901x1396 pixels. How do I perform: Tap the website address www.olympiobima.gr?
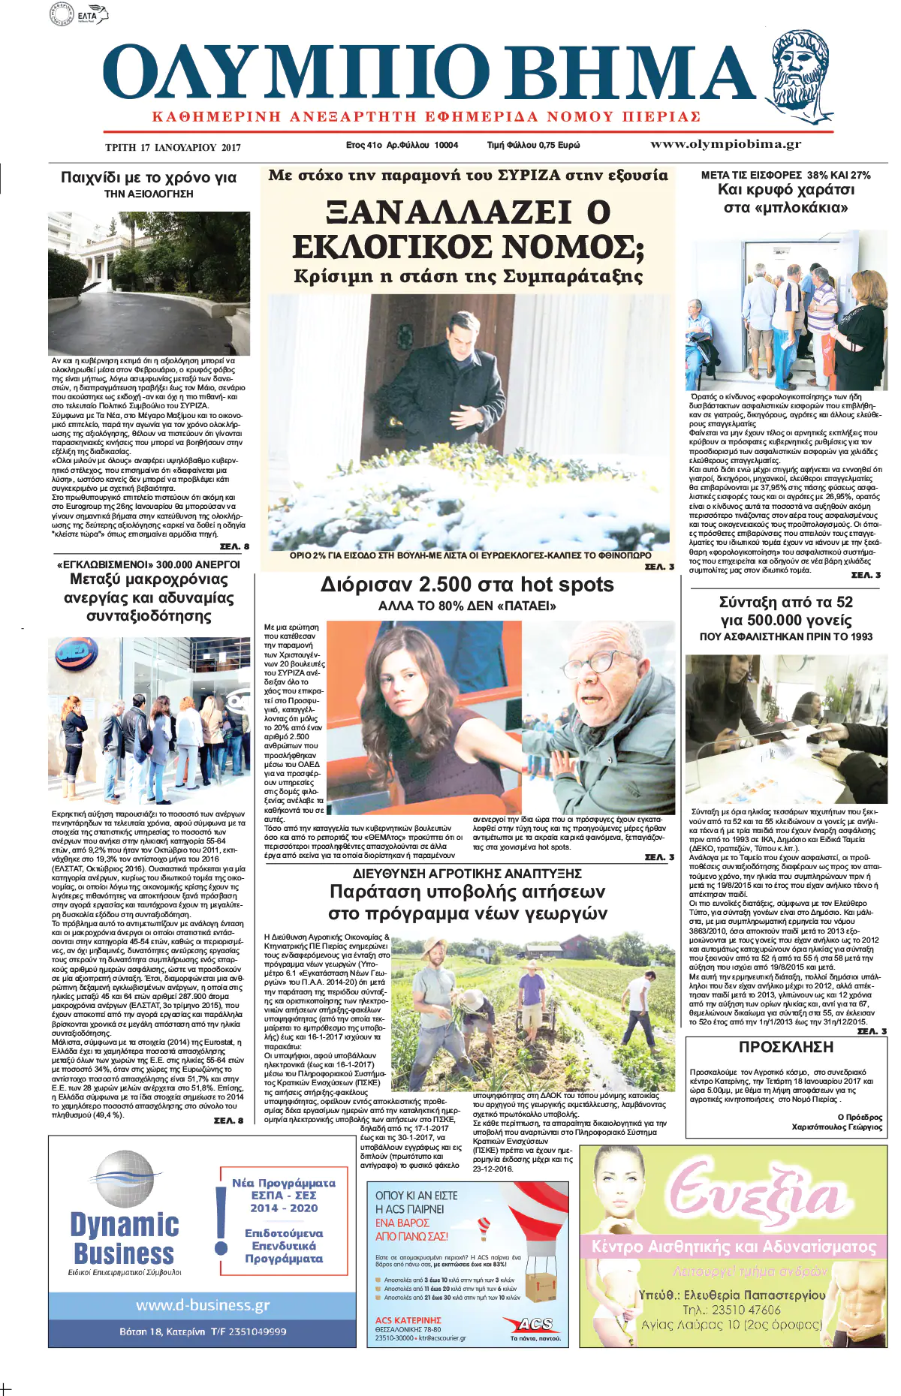point(725,144)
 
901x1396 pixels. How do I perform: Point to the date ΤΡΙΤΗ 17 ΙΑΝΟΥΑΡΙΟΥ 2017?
point(173,147)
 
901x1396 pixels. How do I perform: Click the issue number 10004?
point(446,145)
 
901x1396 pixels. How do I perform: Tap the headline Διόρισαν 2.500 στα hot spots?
point(467,585)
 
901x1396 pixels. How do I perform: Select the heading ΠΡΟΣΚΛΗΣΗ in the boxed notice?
point(785,1047)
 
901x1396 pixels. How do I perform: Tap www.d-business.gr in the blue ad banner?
point(202,1305)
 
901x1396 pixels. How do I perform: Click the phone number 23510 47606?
point(731,1310)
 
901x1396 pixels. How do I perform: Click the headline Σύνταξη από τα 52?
point(785,602)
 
